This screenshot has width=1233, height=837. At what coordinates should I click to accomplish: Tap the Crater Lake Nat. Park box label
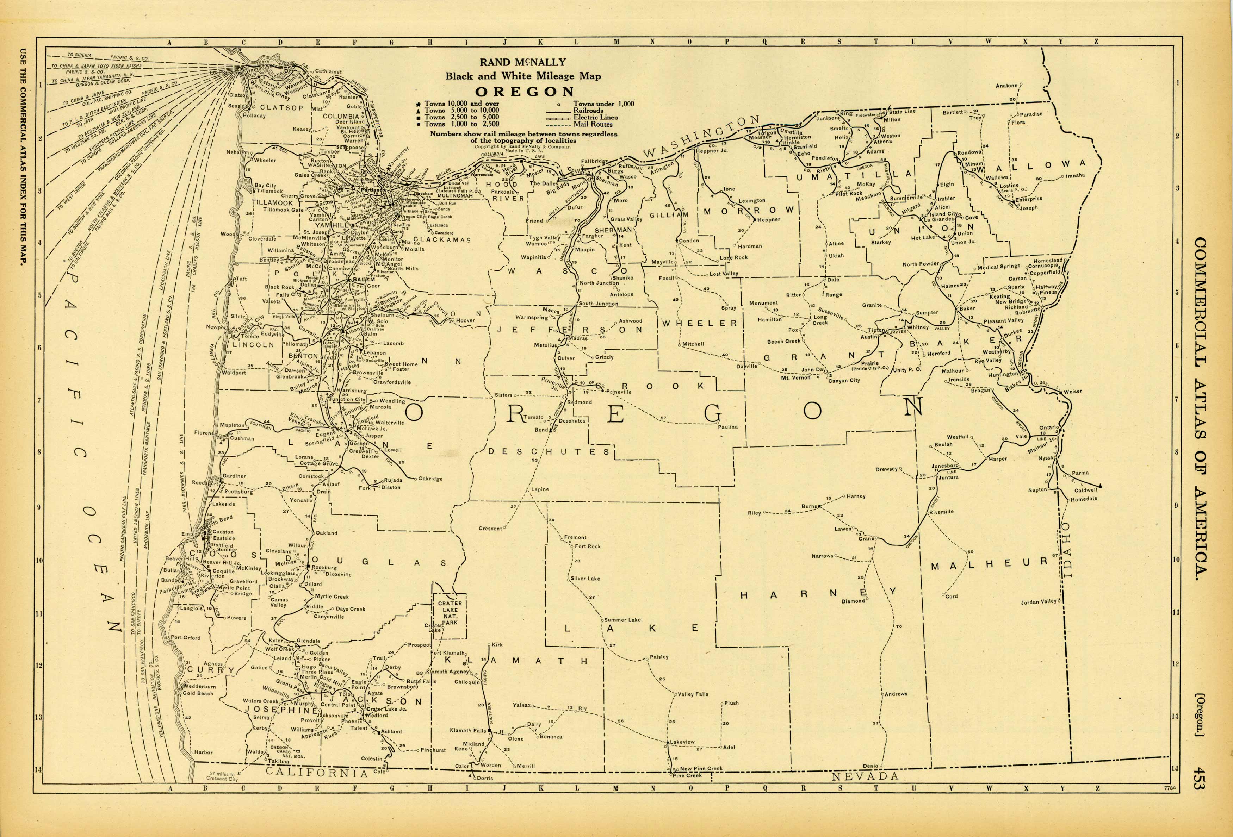[450, 613]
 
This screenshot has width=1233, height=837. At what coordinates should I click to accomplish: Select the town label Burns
[808, 507]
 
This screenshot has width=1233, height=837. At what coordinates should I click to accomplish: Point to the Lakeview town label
[682, 742]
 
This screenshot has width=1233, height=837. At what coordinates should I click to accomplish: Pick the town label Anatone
[1006, 86]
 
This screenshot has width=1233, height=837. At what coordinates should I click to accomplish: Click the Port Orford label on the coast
[185, 638]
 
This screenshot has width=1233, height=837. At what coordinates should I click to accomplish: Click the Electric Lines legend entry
[595, 117]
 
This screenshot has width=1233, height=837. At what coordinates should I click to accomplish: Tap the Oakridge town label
[430, 479]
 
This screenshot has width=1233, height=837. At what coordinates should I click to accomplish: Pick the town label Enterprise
[1029, 199]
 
